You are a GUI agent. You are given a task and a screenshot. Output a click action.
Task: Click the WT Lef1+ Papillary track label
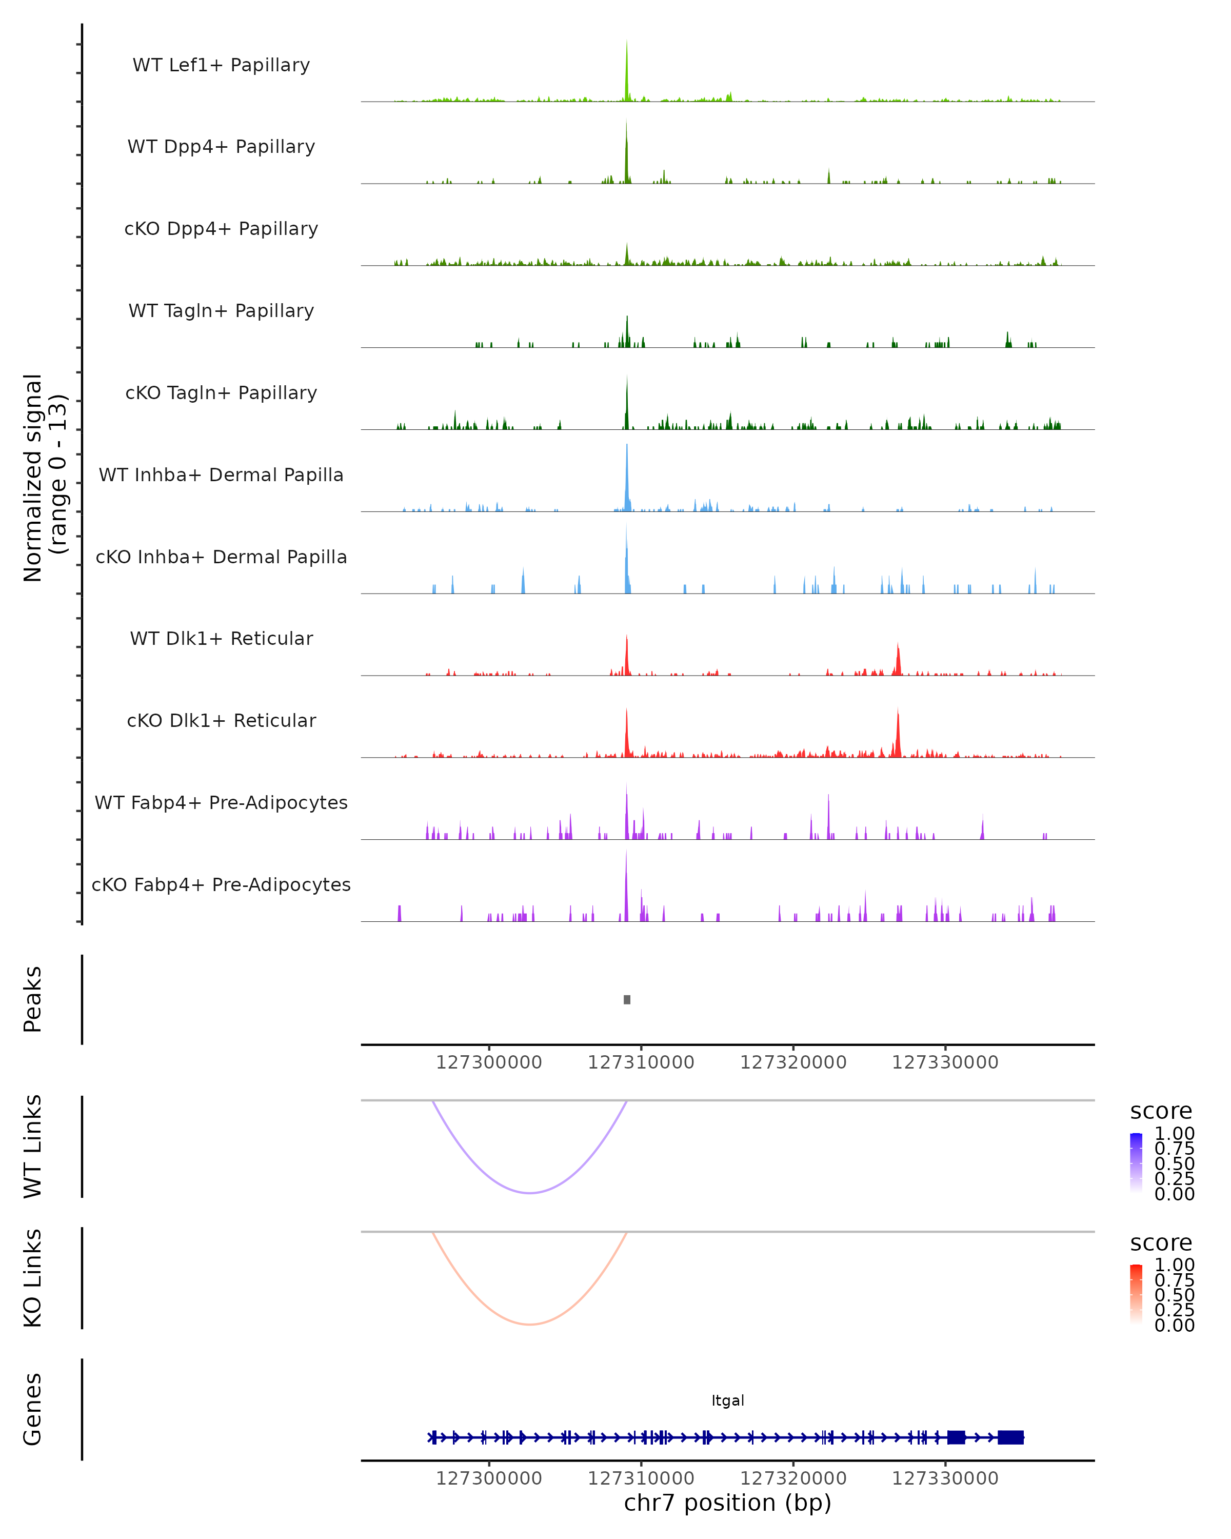pyautogui.click(x=221, y=65)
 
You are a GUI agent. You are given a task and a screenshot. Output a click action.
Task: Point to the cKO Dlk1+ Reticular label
pyautogui.click(x=221, y=720)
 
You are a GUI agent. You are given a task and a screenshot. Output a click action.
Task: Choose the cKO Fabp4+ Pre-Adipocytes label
pyautogui.click(x=221, y=884)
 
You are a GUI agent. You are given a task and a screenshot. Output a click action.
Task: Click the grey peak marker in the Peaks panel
pyautogui.click(x=627, y=999)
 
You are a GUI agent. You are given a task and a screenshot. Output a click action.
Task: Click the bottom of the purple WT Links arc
pyautogui.click(x=529, y=1193)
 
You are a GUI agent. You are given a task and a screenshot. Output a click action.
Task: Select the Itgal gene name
pyautogui.click(x=727, y=1400)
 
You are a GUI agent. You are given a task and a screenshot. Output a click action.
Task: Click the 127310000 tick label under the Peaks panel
pyautogui.click(x=641, y=1062)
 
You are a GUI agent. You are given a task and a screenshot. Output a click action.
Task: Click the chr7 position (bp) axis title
pyautogui.click(x=727, y=1503)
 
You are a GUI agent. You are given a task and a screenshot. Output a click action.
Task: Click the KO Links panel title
pyautogui.click(x=33, y=1278)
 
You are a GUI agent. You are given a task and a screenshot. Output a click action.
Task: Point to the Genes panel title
pyautogui.click(x=33, y=1409)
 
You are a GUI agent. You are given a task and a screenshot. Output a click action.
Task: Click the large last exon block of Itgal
pyautogui.click(x=1010, y=1437)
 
